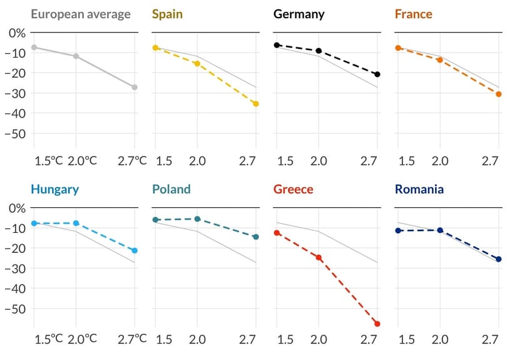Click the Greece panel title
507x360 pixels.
click(294, 189)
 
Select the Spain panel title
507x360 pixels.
click(167, 14)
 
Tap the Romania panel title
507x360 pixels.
click(419, 189)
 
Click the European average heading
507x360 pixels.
click(81, 14)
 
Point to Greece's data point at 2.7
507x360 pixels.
click(377, 324)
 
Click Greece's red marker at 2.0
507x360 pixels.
click(319, 257)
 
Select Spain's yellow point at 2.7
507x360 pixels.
click(256, 104)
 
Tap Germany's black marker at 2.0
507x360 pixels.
click(319, 51)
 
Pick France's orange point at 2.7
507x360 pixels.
click(499, 94)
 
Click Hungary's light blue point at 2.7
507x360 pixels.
click(135, 250)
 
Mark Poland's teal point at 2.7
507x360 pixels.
click(256, 237)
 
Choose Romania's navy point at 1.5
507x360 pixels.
click(398, 230)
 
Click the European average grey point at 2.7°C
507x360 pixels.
click(135, 87)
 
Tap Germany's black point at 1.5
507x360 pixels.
click(277, 45)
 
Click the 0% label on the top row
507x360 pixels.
click(17, 33)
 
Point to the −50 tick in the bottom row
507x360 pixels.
click(15, 309)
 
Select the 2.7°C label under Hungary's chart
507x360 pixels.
click(132, 339)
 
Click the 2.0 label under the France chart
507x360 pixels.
click(440, 161)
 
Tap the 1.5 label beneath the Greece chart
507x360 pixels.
click(285, 339)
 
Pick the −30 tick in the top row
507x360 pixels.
click(15, 93)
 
